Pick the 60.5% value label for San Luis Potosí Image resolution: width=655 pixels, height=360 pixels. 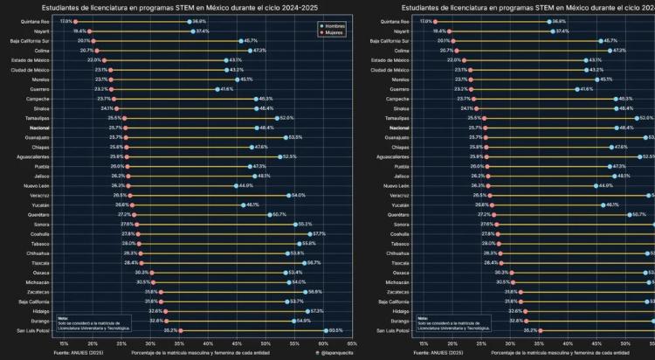tap(336, 330)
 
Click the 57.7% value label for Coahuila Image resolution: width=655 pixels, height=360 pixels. tap(318, 233)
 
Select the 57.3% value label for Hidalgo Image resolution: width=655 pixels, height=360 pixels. tap(317, 311)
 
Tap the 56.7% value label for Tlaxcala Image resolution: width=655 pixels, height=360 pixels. tap(314, 263)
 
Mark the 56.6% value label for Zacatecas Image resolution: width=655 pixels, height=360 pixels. tap(315, 292)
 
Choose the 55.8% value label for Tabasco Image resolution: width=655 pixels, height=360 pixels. tap(308, 244)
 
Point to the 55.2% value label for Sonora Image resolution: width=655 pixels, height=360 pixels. tap(305, 225)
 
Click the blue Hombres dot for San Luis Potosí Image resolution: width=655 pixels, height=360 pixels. tap(325, 330)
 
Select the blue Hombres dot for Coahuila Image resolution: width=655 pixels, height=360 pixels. tap(307, 233)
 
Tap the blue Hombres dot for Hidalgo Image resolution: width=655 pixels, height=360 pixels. tap(307, 311)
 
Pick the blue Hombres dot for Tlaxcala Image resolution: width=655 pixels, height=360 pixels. tap(304, 263)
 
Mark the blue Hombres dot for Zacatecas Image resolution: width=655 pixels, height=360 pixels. tap(304, 292)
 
